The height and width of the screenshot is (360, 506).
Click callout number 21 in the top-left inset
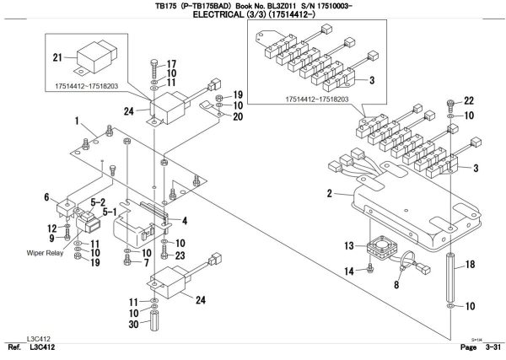click(x=58, y=58)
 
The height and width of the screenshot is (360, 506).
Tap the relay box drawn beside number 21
click(x=99, y=56)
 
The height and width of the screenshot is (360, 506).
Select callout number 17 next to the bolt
click(x=170, y=64)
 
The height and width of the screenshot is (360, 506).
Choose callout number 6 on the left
click(x=47, y=197)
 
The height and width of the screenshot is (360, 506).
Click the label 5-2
click(x=99, y=203)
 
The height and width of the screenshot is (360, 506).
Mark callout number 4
click(x=185, y=221)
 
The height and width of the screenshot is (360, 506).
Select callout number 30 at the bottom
click(x=133, y=324)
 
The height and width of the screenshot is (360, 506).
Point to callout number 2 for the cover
click(x=329, y=195)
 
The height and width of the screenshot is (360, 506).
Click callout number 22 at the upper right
click(x=469, y=101)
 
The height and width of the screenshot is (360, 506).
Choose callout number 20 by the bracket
click(x=238, y=116)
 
